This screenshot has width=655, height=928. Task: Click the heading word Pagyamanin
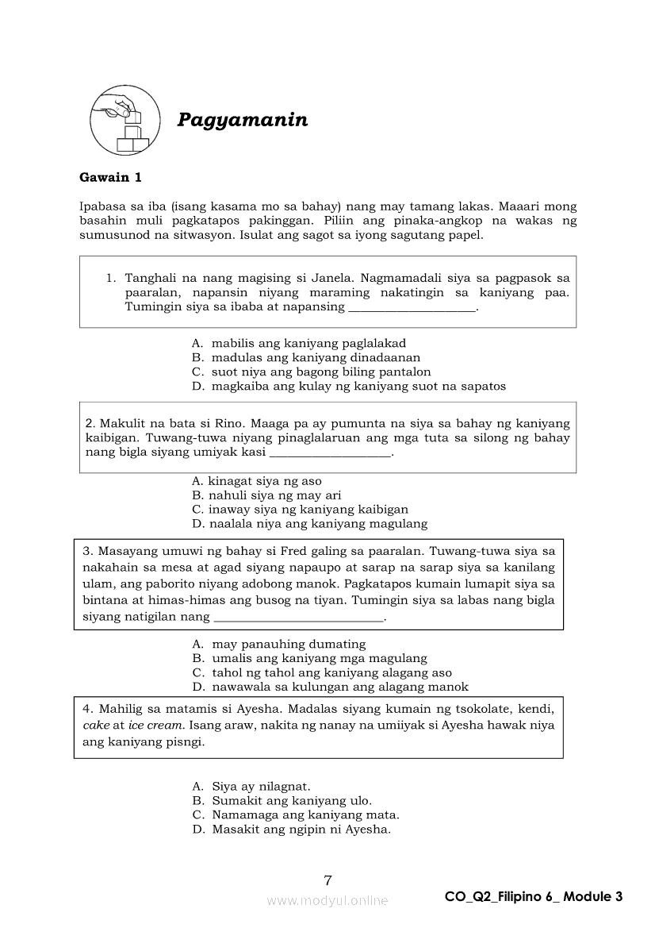tap(242, 120)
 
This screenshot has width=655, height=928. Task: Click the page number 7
tap(327, 880)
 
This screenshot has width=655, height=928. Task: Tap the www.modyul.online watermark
tap(327, 900)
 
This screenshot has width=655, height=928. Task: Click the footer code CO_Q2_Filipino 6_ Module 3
tap(534, 897)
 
